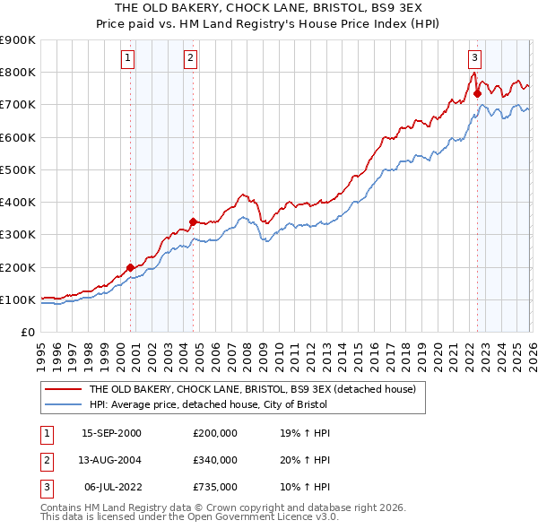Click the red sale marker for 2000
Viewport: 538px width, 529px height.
coord(130,267)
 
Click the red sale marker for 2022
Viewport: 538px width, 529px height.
coord(477,93)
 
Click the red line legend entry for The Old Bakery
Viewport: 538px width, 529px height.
coord(252,390)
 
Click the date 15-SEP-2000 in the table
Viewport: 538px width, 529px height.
coord(111,432)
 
